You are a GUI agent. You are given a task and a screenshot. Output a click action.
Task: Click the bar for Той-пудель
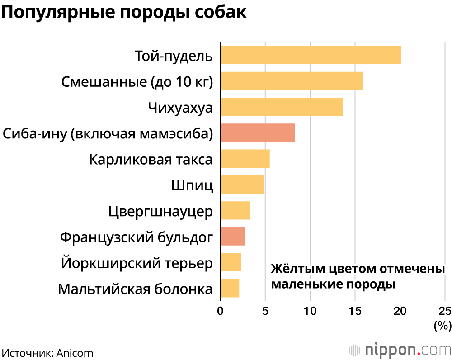pos(310,55)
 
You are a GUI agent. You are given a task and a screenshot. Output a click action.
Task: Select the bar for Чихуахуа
pos(281,107)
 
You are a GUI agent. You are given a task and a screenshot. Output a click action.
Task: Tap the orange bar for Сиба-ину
pos(257,133)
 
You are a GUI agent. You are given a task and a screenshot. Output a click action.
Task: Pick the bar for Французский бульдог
pos(233,237)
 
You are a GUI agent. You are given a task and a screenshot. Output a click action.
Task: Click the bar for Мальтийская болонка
pos(230,289)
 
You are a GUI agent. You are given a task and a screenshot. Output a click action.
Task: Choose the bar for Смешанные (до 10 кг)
pos(292,81)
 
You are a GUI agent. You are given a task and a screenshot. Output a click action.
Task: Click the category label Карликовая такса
pos(151,160)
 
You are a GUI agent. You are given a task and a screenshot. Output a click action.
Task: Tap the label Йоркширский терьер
pos(137,263)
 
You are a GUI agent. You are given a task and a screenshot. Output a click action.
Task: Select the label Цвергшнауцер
pos(161,211)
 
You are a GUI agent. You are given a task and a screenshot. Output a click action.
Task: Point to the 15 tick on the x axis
pos(355,311)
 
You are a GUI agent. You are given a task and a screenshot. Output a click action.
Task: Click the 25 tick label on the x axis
pos(445,311)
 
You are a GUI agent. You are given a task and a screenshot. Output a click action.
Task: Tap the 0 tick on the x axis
pos(220,311)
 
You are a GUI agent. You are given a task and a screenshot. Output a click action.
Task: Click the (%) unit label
pos(442,325)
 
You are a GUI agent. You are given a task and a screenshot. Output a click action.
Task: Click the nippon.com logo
pos(400,350)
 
